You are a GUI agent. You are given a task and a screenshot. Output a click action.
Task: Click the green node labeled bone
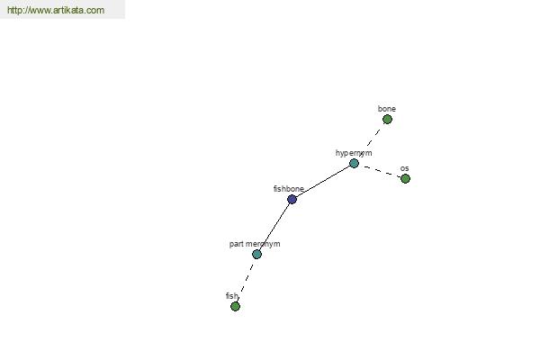[387, 120]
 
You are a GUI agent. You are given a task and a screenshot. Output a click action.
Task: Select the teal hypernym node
[354, 163]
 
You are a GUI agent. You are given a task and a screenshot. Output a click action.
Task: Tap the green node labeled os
[405, 178]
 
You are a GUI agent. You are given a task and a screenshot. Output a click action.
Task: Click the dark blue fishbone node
[292, 199]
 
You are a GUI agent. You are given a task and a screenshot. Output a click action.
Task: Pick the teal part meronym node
[256, 254]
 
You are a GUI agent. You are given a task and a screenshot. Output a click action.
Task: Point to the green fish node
[235, 306]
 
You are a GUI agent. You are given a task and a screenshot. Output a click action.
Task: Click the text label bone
[387, 109]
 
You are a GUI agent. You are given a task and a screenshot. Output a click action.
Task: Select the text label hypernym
[354, 153]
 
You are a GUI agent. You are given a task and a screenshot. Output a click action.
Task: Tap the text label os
[405, 168]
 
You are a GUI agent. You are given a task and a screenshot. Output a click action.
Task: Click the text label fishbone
[289, 189]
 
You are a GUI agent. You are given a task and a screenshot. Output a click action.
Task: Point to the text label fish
[232, 296]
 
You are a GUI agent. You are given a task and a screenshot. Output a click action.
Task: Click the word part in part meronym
[236, 244]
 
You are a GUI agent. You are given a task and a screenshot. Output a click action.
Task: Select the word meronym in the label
[263, 244]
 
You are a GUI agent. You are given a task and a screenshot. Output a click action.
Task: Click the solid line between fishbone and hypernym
[323, 181]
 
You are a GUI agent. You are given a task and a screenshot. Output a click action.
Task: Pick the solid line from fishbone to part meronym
[274, 227]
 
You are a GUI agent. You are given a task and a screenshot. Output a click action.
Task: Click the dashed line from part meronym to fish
[247, 280]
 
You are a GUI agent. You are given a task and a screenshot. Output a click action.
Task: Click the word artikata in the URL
[67, 10]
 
